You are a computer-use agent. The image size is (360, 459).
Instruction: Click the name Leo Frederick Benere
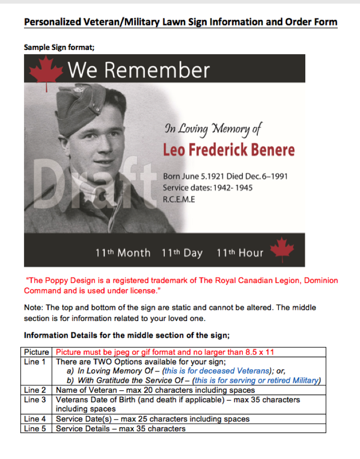coord(229,150)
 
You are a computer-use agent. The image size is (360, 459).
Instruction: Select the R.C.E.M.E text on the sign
coord(179,199)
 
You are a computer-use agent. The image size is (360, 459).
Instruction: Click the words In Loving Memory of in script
coord(213,128)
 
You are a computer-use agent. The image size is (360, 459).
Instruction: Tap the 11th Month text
coord(122,253)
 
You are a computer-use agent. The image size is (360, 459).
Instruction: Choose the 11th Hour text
coord(240,253)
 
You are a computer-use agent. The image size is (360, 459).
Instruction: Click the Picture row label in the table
coord(37,352)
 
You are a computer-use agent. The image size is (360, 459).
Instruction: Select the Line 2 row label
coord(35,390)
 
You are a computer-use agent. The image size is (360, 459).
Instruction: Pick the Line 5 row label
coord(35,429)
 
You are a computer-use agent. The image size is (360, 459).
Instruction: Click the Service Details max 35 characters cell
coord(120,429)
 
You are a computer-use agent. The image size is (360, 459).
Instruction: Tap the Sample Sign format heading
coord(59,47)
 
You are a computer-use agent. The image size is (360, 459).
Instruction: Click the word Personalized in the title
coord(52,22)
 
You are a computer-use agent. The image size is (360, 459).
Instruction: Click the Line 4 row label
coord(35,419)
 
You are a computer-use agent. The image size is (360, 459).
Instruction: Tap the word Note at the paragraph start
coord(33,307)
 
